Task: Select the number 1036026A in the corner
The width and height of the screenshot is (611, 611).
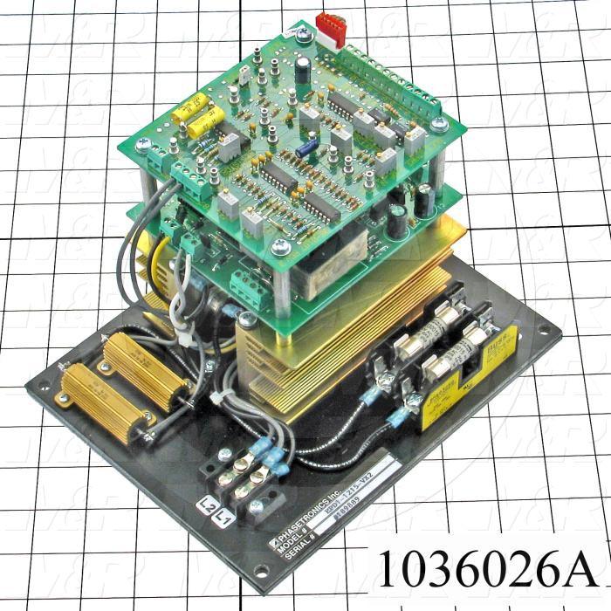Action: click(485, 568)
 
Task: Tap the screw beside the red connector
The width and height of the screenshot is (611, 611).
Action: click(303, 36)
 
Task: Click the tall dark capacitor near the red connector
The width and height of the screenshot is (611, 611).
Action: click(301, 70)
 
